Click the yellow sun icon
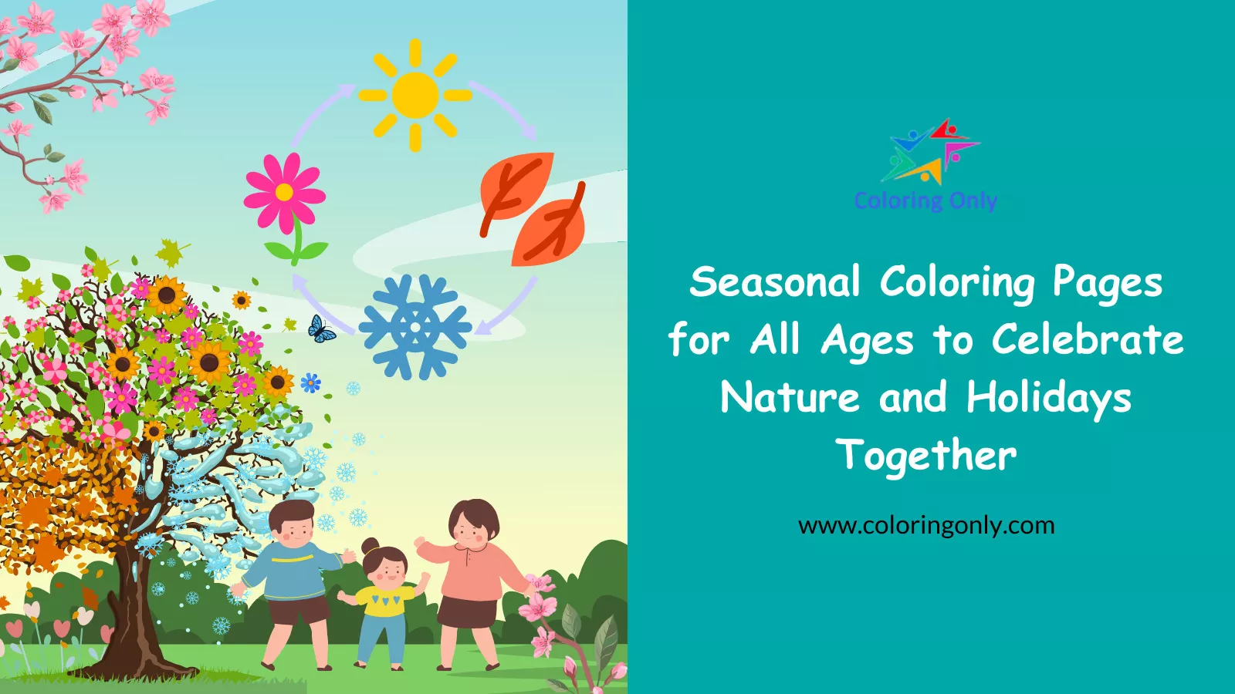(x=415, y=96)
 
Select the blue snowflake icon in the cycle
(x=415, y=327)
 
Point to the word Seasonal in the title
(x=775, y=281)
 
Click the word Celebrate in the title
(x=1088, y=340)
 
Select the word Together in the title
(x=926, y=455)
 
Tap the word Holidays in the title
(x=1049, y=398)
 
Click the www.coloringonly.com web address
(x=926, y=525)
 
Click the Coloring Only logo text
(x=925, y=200)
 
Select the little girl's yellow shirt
(x=384, y=601)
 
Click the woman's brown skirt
(x=467, y=612)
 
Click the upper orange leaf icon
(x=516, y=186)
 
